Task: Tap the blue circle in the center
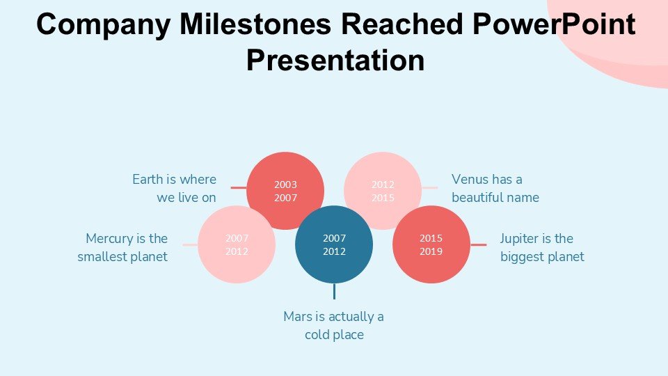point(334,244)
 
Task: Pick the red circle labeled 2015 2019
point(431,244)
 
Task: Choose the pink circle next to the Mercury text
point(237,244)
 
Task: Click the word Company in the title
point(104,25)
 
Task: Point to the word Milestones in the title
point(255,24)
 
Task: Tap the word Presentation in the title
point(335,60)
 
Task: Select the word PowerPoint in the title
point(554,24)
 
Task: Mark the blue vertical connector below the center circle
point(334,291)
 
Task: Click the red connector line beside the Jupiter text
point(479,244)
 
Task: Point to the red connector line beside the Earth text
point(239,187)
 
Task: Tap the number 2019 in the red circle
point(431,251)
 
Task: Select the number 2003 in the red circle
point(285,185)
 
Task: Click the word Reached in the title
point(401,24)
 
